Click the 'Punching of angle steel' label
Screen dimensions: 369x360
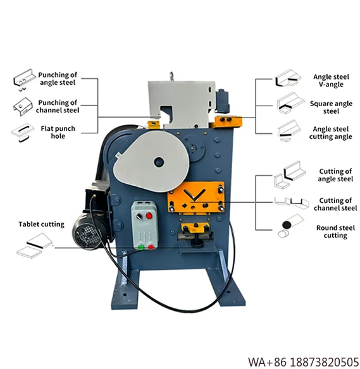coord(58,78)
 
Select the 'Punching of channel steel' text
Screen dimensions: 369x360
coord(58,106)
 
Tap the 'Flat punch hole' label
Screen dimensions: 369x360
coord(58,133)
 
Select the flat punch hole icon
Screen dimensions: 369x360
coord(20,132)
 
